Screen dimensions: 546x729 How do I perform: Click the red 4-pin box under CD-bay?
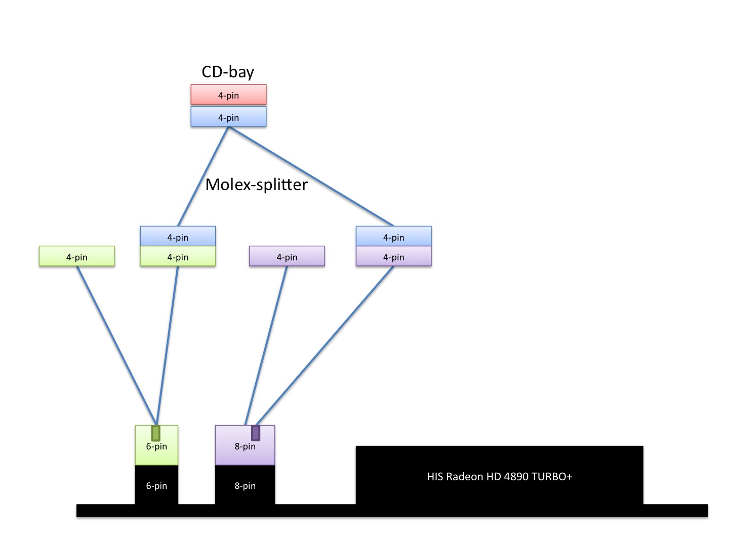point(228,95)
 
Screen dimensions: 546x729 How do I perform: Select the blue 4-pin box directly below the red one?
point(228,117)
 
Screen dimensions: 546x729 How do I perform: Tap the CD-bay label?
point(228,72)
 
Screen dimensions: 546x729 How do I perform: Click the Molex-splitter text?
point(256,185)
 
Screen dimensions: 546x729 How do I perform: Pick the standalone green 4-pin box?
point(77,256)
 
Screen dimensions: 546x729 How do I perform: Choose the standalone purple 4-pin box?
point(287,256)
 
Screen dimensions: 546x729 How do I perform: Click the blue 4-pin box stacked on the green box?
point(178,236)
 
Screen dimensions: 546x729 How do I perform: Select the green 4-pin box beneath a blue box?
point(178,256)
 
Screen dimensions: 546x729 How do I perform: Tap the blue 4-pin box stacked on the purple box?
point(393,236)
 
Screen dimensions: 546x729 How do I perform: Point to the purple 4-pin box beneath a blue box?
point(393,256)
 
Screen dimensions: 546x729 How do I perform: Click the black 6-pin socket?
point(156,485)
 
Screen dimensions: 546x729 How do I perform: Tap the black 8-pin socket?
point(245,485)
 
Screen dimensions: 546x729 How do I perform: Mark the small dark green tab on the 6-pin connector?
point(156,433)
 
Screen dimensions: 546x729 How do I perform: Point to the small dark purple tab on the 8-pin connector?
point(256,433)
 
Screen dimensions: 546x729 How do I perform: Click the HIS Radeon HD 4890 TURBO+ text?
point(499,476)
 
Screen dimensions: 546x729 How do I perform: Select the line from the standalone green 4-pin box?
point(116,344)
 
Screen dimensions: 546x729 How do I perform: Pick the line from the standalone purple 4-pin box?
point(267,344)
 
